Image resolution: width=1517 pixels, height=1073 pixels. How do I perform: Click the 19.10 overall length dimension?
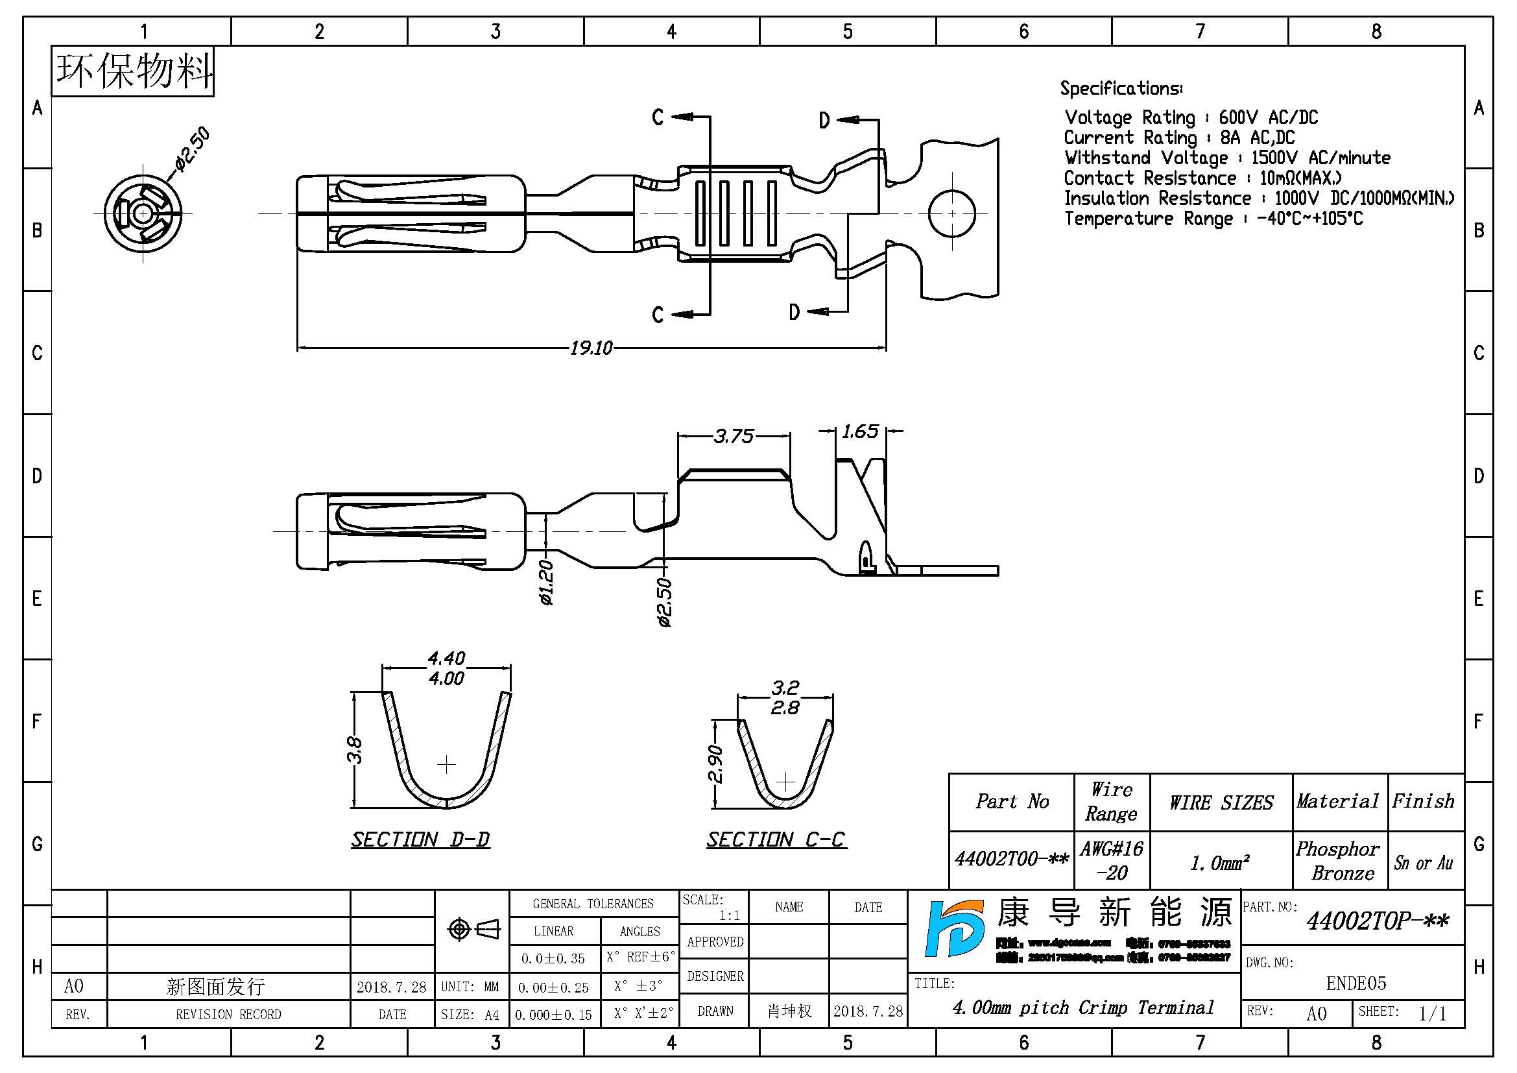tap(591, 348)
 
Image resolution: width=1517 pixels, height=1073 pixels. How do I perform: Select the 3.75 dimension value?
tap(734, 436)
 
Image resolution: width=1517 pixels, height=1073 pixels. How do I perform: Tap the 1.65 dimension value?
tap(860, 432)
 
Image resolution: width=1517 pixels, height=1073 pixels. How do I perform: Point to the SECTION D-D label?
tap(420, 839)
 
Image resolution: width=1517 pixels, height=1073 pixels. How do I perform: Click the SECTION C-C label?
tap(776, 839)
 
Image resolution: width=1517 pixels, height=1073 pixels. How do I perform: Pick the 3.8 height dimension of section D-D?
tap(355, 751)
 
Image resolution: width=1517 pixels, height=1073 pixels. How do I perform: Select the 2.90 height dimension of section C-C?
tap(715, 764)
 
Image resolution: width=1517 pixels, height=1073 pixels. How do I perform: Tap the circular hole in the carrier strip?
tap(951, 213)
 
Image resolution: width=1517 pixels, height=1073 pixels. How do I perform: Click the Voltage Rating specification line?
tap(1191, 117)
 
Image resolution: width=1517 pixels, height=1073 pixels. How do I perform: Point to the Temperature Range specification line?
tap(1213, 219)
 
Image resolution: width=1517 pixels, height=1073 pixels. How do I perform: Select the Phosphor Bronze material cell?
tap(1339, 860)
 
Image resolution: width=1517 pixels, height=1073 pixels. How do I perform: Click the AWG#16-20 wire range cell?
tap(1112, 860)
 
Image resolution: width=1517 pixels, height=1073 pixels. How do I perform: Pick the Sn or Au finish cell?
tap(1424, 863)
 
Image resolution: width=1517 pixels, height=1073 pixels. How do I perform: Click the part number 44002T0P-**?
tap(1378, 921)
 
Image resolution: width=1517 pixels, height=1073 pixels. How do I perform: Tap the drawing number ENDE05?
tap(1356, 983)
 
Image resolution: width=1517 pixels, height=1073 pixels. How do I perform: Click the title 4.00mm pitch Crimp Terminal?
tap(1083, 1007)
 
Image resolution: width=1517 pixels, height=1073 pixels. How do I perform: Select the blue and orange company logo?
tap(954, 928)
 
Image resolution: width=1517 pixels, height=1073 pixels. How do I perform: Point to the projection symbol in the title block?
tap(473, 929)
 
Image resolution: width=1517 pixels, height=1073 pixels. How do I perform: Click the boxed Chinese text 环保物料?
tap(134, 71)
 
